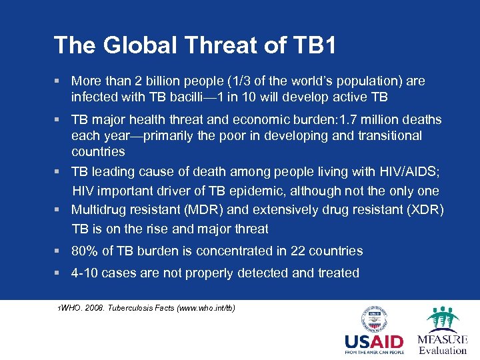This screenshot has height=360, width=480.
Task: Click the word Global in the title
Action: [133, 45]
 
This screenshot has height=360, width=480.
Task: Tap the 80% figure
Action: [85, 251]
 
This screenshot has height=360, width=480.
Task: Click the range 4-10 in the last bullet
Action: [85, 273]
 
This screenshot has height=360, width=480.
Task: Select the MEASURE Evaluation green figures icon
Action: [442, 318]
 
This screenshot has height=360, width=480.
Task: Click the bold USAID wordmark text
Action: [373, 341]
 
